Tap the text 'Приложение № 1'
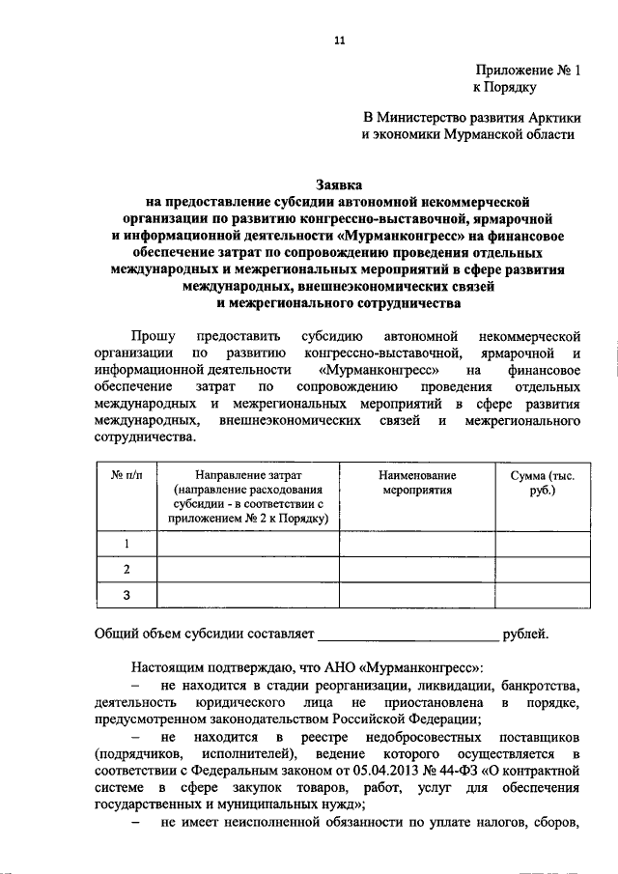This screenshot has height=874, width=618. pyautogui.click(x=528, y=70)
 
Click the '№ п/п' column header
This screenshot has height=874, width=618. pyautogui.click(x=125, y=476)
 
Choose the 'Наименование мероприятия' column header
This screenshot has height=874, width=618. pyautogui.click(x=417, y=483)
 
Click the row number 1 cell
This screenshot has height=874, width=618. pyautogui.click(x=126, y=545)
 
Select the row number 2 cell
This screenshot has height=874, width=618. pyautogui.click(x=126, y=570)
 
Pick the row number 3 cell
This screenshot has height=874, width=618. pyautogui.click(x=126, y=595)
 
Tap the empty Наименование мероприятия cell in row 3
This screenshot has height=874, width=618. pyautogui.click(x=417, y=595)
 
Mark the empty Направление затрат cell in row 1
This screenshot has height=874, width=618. pyautogui.click(x=247, y=545)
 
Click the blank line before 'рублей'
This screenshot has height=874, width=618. pyautogui.click(x=408, y=635)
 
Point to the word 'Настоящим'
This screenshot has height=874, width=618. pyautogui.click(x=165, y=667)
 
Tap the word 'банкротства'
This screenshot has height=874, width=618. pyautogui.click(x=539, y=685)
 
